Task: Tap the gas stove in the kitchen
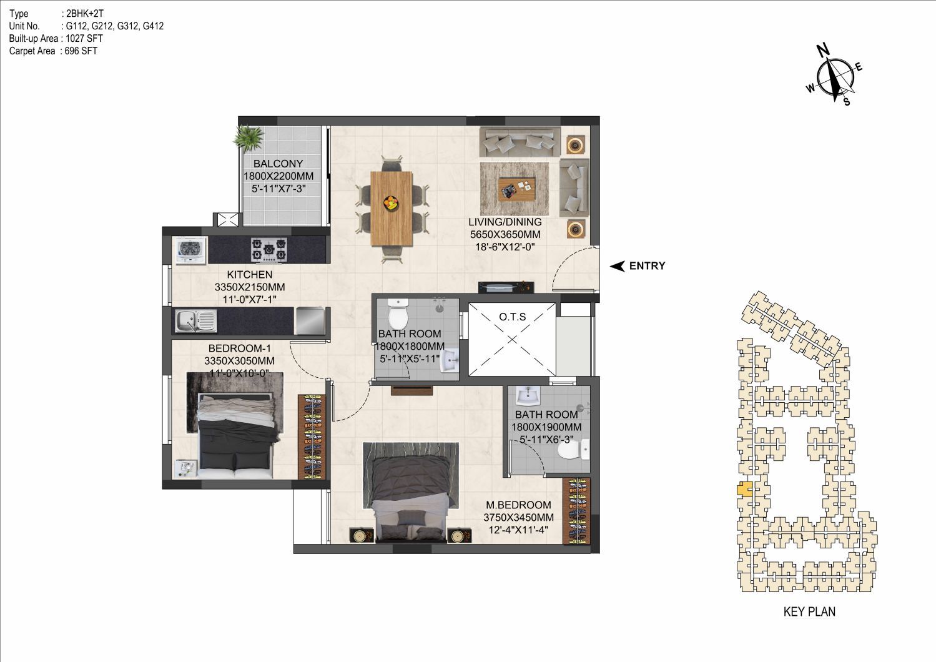[268, 250]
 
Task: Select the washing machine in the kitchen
[191, 250]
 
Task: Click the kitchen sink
[195, 321]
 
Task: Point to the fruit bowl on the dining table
[392, 203]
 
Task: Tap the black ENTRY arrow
[617, 266]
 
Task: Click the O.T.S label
[512, 317]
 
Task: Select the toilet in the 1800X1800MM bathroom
[398, 314]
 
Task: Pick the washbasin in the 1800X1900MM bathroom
[528, 395]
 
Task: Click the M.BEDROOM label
[518, 505]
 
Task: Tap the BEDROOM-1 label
[239, 348]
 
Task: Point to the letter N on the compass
[823, 51]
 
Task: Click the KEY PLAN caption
[809, 612]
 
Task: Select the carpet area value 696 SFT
[81, 51]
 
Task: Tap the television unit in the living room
[506, 287]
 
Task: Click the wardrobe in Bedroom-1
[312, 437]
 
